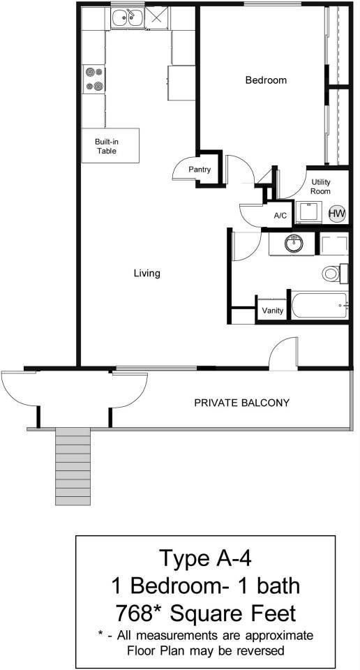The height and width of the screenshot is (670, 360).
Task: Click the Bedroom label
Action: tap(265, 80)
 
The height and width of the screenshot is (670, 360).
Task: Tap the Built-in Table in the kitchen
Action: tap(107, 146)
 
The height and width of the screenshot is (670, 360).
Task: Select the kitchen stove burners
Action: tap(93, 79)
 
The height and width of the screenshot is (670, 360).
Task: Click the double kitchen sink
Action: tap(127, 17)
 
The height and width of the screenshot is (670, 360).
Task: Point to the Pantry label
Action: tap(200, 170)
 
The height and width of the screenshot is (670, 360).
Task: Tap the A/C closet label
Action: tap(280, 216)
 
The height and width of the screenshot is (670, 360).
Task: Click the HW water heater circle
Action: tap(337, 213)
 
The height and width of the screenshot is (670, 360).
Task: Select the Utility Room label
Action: tap(321, 186)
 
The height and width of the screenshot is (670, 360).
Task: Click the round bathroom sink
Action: tap(293, 244)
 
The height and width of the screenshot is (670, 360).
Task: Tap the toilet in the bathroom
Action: tap(333, 273)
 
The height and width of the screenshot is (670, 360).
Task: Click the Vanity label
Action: tap(273, 311)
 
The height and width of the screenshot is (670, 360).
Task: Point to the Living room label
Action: tap(147, 274)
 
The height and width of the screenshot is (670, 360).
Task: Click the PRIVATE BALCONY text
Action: tap(241, 403)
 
